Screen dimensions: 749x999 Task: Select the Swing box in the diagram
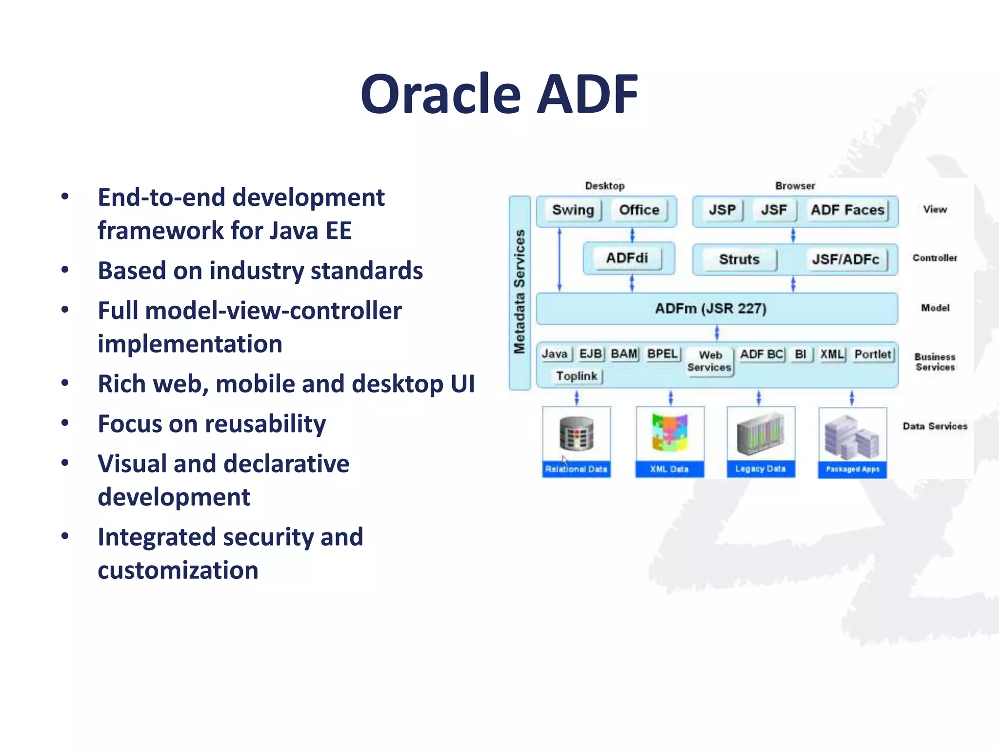[573, 210]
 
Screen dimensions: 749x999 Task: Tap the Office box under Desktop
[639, 210]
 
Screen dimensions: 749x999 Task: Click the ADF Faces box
[847, 210]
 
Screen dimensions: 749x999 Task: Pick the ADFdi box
[627, 258]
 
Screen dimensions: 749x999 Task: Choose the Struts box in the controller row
[739, 259]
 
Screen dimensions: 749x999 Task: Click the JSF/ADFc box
[845, 259]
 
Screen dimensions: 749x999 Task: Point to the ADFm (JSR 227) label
[711, 309]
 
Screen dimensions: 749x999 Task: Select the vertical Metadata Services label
[519, 292]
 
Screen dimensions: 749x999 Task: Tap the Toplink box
[577, 376]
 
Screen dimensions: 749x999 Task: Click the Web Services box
[709, 361]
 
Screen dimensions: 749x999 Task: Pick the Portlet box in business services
[873, 354]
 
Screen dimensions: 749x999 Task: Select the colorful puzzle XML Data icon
[670, 432]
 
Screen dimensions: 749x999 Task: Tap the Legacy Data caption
[760, 469]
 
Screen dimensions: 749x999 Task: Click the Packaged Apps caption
[852, 469]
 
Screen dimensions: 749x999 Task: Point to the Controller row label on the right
[935, 258]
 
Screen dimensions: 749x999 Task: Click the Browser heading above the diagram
[795, 186]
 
